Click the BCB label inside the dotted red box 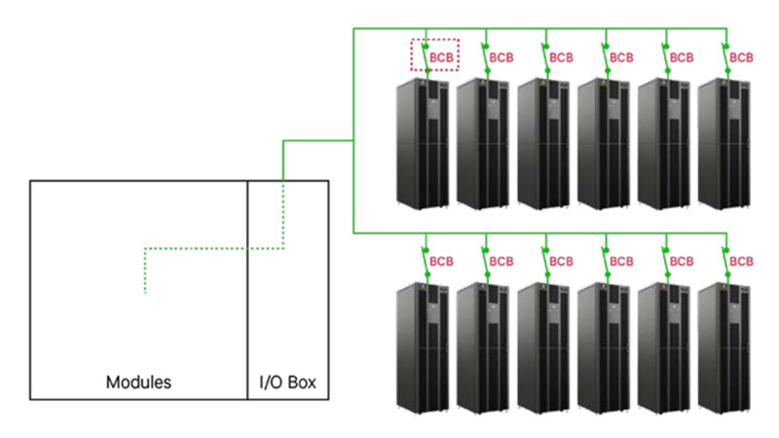pyautogui.click(x=442, y=57)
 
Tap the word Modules pyautogui.click(x=138, y=383)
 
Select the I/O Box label pyautogui.click(x=287, y=383)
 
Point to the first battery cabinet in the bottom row pyautogui.click(x=422, y=346)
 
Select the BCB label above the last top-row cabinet pyautogui.click(x=742, y=57)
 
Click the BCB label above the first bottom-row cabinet pyautogui.click(x=442, y=262)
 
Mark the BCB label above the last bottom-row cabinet pyautogui.click(x=742, y=262)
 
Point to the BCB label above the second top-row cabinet pyautogui.click(x=501, y=57)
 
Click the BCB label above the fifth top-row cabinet pyautogui.click(x=682, y=57)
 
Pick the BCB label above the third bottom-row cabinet pyautogui.click(x=562, y=262)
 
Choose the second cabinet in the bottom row pyautogui.click(x=483, y=346)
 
